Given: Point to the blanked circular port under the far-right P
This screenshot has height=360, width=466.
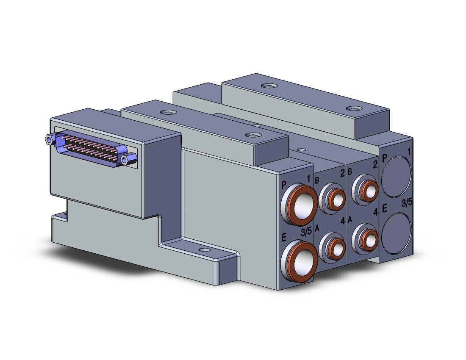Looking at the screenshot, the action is coord(397,176).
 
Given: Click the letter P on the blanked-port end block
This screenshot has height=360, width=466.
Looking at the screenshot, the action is coord(385,158).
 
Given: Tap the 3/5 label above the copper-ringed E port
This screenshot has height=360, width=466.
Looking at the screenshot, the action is coord(306,232).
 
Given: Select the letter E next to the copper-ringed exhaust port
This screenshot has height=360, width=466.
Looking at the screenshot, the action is coord(284,237).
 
